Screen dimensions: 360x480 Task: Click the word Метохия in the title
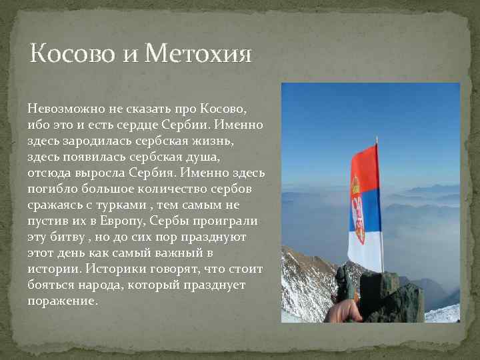click(x=198, y=53)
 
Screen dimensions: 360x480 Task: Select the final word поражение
click(x=62, y=301)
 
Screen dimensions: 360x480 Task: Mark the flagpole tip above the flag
click(x=377, y=139)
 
